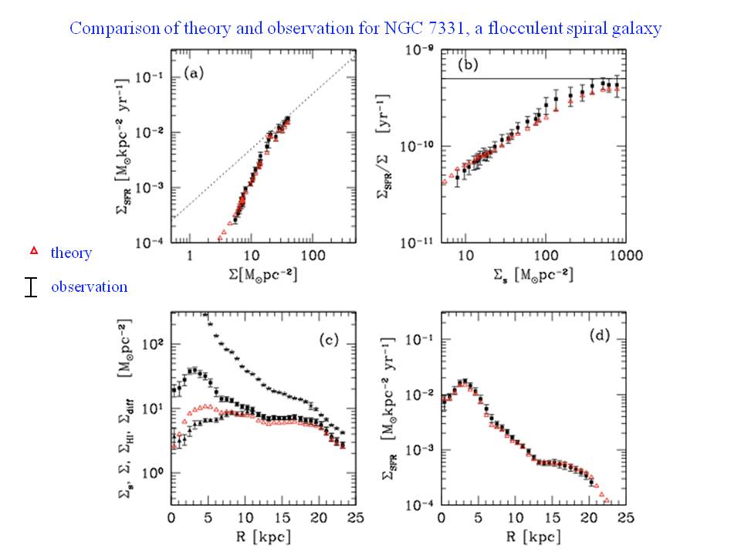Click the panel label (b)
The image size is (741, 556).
pos(469,65)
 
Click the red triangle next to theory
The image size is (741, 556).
pos(33,252)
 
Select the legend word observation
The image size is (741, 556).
pos(89,286)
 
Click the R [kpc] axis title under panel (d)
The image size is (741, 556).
pos(535,535)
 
